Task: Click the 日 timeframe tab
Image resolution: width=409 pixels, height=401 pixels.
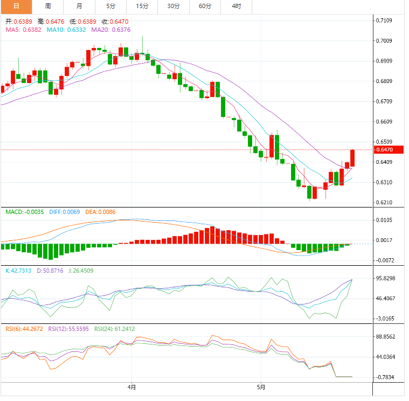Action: [x=16, y=6]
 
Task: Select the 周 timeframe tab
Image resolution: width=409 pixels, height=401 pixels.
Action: [x=48, y=6]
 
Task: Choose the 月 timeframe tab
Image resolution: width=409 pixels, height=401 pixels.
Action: [x=80, y=6]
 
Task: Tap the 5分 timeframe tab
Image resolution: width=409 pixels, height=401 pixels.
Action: [x=111, y=6]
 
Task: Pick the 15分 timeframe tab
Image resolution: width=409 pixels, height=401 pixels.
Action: [x=142, y=6]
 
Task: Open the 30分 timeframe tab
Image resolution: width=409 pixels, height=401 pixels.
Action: [x=174, y=6]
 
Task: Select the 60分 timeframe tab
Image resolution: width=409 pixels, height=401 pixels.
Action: [x=205, y=6]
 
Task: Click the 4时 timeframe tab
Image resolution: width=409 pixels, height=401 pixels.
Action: [x=236, y=6]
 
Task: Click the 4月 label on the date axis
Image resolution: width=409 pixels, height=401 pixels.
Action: [x=132, y=387]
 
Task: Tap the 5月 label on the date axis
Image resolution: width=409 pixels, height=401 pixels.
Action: [x=261, y=387]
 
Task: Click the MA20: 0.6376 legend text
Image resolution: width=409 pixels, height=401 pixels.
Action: [x=110, y=30]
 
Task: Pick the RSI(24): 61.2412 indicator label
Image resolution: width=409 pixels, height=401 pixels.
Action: [x=114, y=328]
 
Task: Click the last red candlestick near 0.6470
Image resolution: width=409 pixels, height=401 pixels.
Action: [x=352, y=157]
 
